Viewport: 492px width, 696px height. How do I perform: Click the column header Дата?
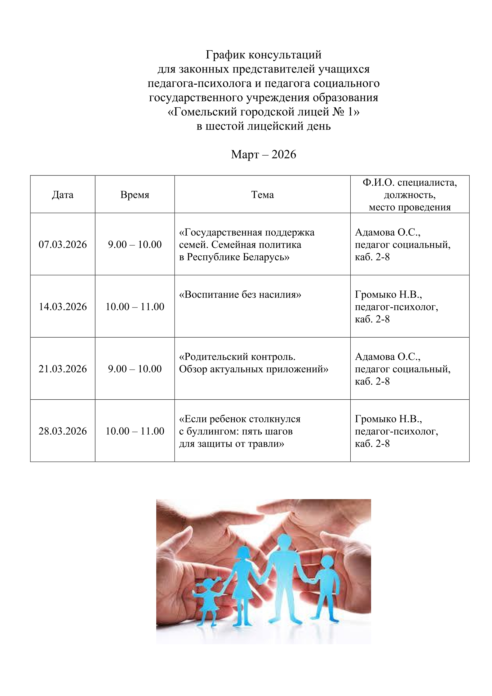[x=63, y=195]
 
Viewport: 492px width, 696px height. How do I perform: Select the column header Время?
[x=135, y=195]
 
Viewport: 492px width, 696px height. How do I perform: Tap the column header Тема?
[x=262, y=195]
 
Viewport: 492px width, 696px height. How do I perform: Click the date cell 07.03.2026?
[x=63, y=245]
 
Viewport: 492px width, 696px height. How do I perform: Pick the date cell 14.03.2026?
[x=63, y=307]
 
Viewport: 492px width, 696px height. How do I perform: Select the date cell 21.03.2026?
[x=63, y=369]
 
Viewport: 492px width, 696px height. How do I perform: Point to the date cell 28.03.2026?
[x=63, y=431]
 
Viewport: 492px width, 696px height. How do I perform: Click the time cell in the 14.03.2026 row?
[x=135, y=307]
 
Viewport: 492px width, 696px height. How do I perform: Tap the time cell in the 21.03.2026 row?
[x=135, y=369]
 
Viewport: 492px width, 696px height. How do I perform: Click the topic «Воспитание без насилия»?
[x=240, y=295]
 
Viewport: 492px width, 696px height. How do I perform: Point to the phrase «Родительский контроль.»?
[x=237, y=357]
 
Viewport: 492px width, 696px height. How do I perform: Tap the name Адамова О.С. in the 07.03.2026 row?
[x=388, y=232]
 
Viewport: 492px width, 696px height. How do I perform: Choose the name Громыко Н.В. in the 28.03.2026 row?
[x=388, y=419]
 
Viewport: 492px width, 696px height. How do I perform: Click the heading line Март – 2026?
[x=264, y=154]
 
